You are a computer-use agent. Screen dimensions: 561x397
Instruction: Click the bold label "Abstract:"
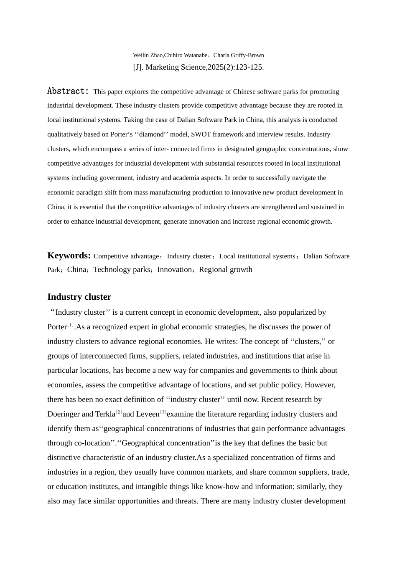coord(68,91)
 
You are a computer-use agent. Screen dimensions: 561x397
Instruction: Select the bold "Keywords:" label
coord(69,255)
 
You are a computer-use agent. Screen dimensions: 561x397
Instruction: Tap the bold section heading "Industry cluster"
coord(79,297)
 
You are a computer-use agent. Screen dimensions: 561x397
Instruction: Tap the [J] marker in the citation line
coord(138,67)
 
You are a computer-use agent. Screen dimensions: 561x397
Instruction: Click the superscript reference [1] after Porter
coord(70,325)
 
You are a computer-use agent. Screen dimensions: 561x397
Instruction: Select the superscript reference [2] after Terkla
coord(119,412)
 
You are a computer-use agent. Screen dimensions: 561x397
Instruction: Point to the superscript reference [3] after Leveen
coord(163,412)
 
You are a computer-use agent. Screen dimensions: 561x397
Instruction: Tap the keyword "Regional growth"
coord(226,270)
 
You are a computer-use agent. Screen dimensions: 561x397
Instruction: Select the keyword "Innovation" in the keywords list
coord(174,270)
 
